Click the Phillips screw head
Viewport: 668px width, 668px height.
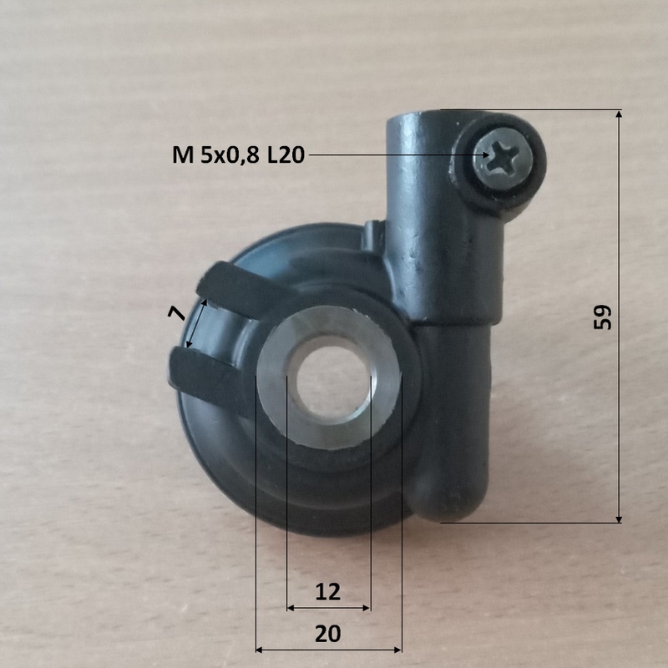click(503, 158)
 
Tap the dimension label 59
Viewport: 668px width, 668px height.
click(602, 317)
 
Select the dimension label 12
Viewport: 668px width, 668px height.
click(328, 592)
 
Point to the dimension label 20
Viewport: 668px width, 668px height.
click(328, 634)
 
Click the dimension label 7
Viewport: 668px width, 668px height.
click(177, 314)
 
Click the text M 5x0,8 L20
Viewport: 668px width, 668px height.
click(238, 155)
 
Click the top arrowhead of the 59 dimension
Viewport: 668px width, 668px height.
click(619, 115)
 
